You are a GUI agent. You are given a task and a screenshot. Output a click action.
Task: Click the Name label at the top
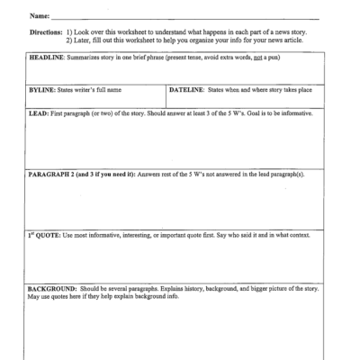coord(41,16)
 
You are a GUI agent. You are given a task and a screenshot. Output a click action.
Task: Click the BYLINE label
coord(40,91)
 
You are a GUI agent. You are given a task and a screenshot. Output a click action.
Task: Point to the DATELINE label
coord(186,91)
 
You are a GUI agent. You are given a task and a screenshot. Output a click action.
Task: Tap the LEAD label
coord(36,114)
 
